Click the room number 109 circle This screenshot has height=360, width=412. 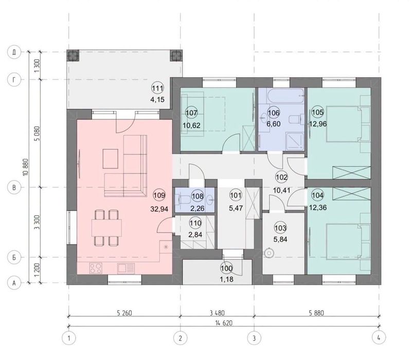click(x=159, y=195)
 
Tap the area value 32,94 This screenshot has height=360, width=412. click(x=159, y=209)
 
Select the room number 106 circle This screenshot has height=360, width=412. click(x=274, y=113)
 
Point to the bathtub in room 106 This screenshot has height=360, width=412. click(x=285, y=96)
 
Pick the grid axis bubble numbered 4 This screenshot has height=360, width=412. click(x=379, y=337)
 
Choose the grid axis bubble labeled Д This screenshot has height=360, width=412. click(x=14, y=52)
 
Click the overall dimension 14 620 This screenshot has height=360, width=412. click(x=224, y=323)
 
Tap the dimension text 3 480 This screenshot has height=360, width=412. click(x=217, y=313)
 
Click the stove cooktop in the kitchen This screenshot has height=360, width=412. click(x=95, y=268)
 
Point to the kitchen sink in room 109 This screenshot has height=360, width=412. click(x=126, y=268)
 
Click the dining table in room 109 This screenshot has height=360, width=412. click(x=106, y=227)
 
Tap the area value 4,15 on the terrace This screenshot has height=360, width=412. click(x=157, y=99)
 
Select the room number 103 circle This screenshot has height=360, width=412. click(x=280, y=228)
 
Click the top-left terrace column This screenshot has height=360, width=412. click(x=73, y=56)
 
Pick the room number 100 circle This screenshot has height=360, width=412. click(x=226, y=268)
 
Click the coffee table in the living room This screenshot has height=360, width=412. click(x=111, y=159)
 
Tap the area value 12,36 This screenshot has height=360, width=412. click(x=318, y=208)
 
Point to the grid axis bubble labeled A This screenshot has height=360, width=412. click(x=14, y=283)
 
